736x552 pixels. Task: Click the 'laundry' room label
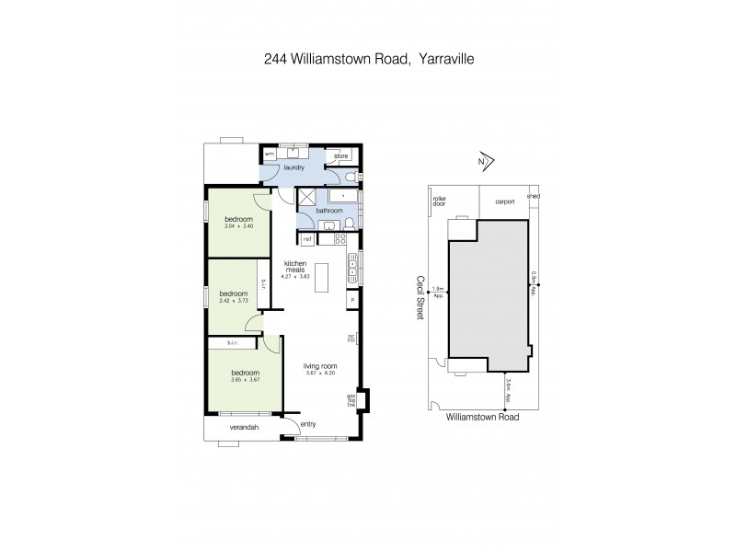point(294,168)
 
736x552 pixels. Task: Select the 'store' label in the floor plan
point(340,156)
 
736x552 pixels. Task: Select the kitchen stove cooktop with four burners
point(339,240)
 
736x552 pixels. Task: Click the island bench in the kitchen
point(320,280)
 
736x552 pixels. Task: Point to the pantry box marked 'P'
point(351,299)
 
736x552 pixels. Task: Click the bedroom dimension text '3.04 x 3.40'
point(237,226)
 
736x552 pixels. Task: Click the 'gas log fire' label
point(351,400)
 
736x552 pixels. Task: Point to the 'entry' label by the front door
point(308,423)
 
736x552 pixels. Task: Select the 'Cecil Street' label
point(420,296)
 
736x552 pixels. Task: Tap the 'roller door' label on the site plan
point(439,201)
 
